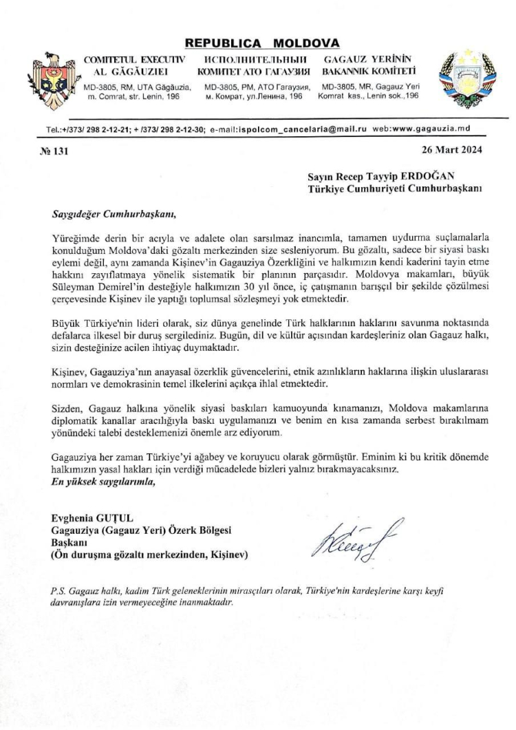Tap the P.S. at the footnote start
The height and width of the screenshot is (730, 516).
tap(59, 590)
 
